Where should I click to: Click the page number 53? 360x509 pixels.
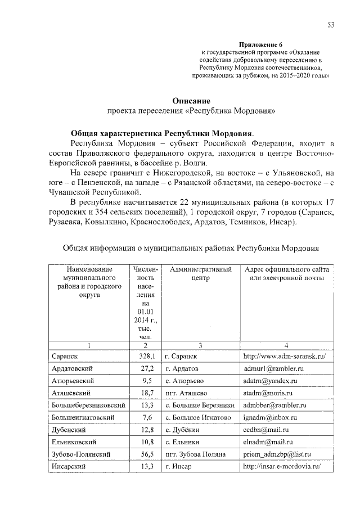pyautogui.click(x=331, y=24)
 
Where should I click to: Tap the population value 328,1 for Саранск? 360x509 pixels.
pyautogui.click(x=146, y=356)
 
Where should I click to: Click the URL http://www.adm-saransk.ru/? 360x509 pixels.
pyautogui.click(x=285, y=356)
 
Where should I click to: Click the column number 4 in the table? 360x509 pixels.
pyautogui.click(x=286, y=344)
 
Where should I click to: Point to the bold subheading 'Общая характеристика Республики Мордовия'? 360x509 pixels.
pyautogui.click(x=161, y=134)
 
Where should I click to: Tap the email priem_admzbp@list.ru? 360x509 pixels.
pyautogui.click(x=277, y=454)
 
